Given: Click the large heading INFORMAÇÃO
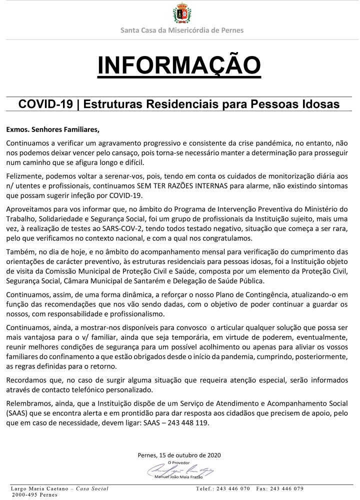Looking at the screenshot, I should (179, 65).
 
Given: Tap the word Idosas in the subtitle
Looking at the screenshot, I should (319, 104).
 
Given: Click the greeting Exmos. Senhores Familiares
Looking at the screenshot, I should (52, 129).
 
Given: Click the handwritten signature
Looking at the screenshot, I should (179, 470).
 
